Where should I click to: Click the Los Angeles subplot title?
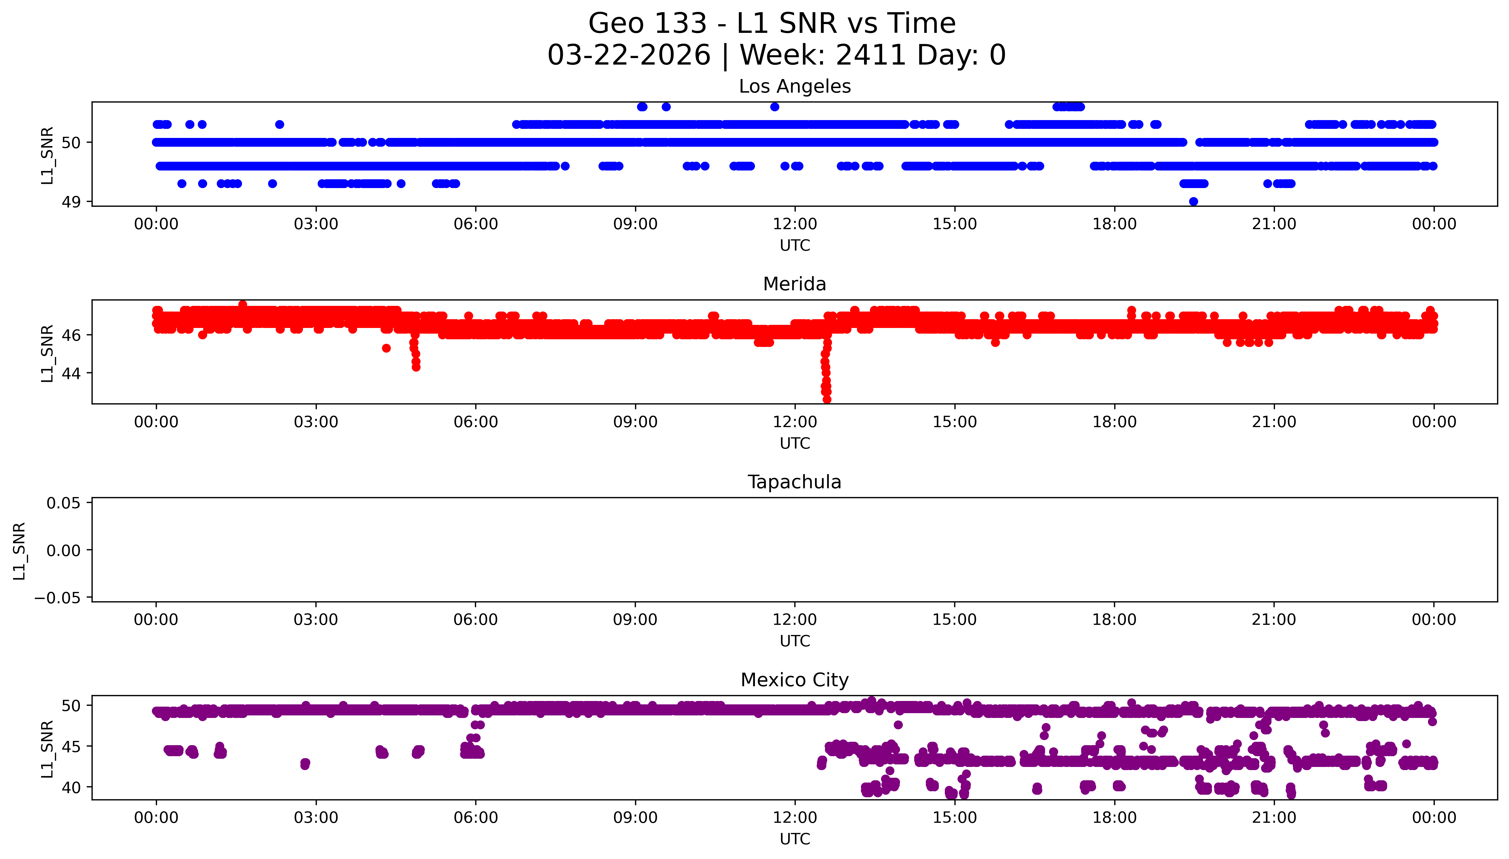click(x=794, y=87)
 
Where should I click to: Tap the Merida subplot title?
click(x=794, y=284)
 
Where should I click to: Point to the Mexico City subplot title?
click(x=794, y=680)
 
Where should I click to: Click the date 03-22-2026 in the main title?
click(x=629, y=56)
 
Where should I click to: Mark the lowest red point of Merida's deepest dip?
click(x=827, y=399)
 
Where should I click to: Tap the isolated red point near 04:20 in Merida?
click(x=386, y=348)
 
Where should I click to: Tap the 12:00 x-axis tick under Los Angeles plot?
click(x=795, y=224)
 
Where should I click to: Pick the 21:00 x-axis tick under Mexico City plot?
click(x=1274, y=818)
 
